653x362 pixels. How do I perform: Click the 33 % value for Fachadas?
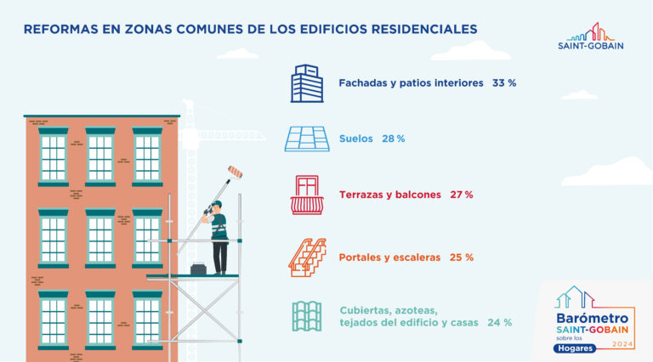point(504,83)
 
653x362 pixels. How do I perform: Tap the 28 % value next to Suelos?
point(393,138)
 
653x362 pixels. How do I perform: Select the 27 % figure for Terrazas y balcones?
point(461,195)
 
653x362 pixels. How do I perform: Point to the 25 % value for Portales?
point(462,257)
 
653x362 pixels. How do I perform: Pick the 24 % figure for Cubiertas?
point(500,322)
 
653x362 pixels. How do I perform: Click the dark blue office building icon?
point(307,83)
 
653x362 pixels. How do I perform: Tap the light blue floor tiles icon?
point(306,139)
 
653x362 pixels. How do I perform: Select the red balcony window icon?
point(307,195)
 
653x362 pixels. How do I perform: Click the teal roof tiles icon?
point(307,316)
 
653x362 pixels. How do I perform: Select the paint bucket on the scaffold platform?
point(199,270)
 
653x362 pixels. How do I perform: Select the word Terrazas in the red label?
point(363,195)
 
